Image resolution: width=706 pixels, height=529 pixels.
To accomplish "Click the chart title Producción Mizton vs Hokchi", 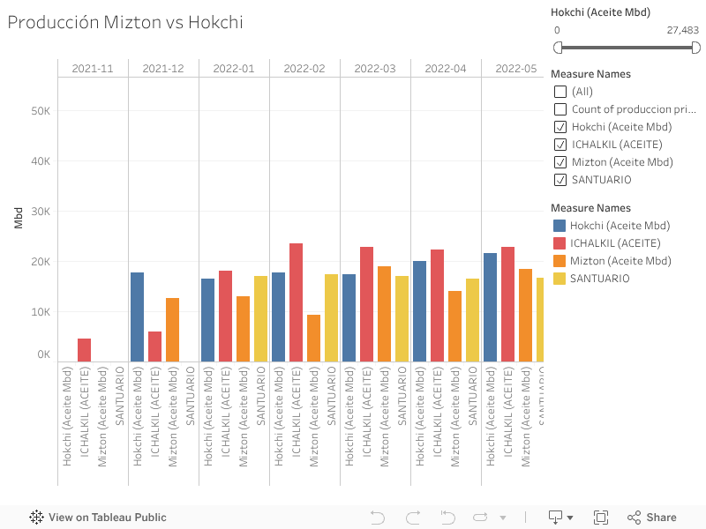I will [125, 23].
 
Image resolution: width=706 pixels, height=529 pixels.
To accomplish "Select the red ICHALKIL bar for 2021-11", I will [85, 350].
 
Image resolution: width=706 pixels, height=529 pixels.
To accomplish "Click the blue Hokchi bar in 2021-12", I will [138, 317].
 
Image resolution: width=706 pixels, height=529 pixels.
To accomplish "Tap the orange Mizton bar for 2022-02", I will [314, 339].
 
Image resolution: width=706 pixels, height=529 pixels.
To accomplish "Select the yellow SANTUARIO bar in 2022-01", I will [261, 319].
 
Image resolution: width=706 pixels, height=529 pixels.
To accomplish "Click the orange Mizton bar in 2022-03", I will [385, 314].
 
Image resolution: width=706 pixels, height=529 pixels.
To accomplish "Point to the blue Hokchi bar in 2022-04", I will [420, 311].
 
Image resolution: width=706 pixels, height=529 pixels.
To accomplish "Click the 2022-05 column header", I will [515, 68].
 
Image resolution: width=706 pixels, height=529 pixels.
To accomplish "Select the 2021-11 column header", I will [93, 68].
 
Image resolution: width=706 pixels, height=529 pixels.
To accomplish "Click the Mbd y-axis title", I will [19, 220].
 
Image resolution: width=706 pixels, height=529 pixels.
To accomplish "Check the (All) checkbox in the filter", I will [560, 92].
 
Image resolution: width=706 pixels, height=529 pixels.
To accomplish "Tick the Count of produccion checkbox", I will [560, 109].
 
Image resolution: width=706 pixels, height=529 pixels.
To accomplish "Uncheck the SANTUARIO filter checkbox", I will [560, 180].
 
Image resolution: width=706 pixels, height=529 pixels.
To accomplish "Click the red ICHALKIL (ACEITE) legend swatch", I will [560, 243].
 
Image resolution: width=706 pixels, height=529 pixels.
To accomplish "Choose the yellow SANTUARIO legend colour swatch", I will [560, 279].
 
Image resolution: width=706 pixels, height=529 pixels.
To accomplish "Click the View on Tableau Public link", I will [98, 518].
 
